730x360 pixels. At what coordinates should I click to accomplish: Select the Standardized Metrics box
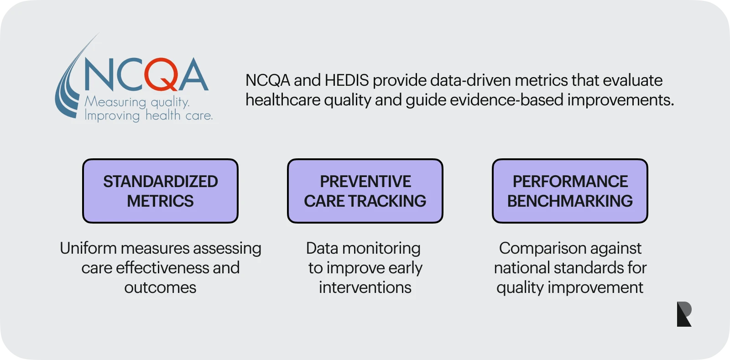coord(160,191)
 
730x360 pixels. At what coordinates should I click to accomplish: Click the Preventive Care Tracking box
coord(365,191)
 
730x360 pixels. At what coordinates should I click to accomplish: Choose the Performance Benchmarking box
coord(570,191)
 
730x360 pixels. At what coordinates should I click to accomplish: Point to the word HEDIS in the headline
coord(346,80)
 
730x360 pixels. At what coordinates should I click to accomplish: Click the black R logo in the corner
coord(684,314)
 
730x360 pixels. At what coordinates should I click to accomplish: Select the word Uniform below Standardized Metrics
coord(88,248)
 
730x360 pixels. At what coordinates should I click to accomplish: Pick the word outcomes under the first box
coord(160,287)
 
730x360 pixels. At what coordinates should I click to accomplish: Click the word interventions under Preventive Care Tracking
coord(365,287)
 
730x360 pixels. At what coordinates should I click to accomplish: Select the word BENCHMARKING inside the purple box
coord(570,201)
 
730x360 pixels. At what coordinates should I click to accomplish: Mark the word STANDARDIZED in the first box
coord(160,181)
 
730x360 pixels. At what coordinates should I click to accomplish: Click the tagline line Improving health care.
coord(149,115)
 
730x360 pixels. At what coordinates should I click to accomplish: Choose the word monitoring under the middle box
coord(381,248)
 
